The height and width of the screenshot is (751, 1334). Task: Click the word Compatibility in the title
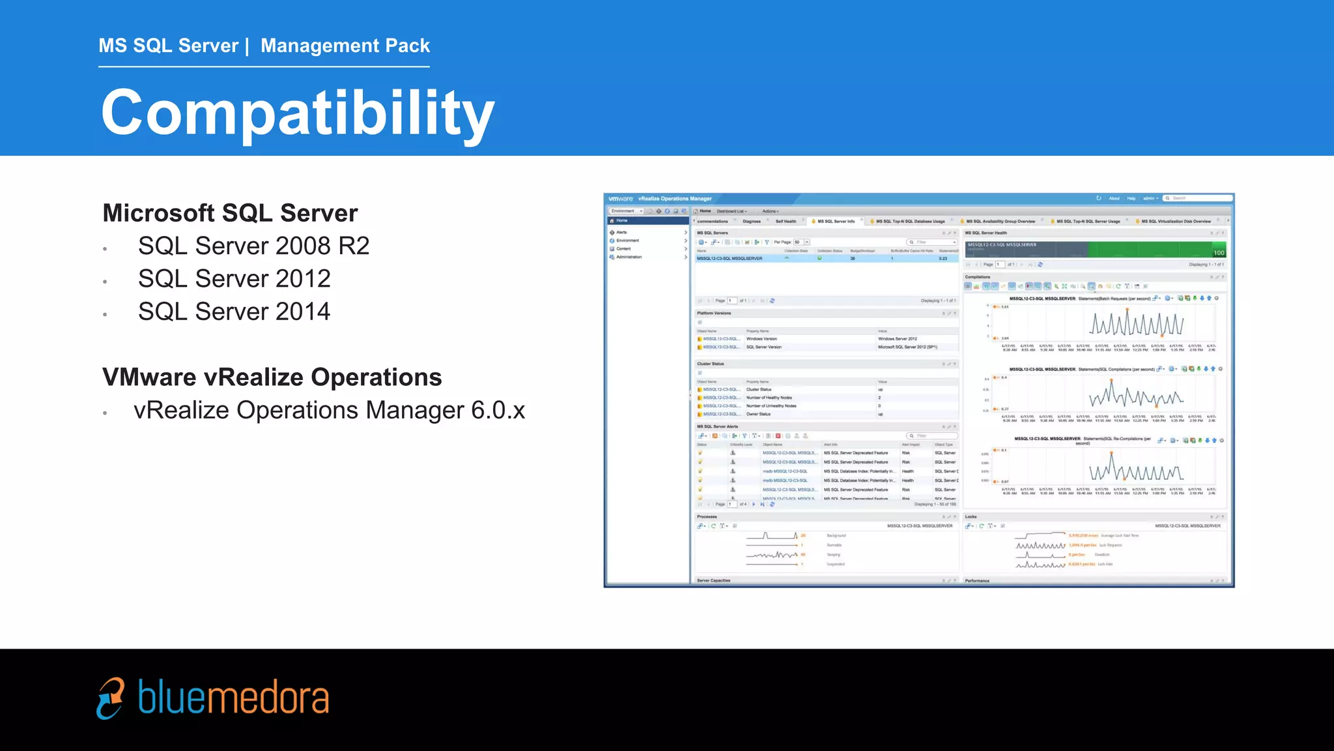[x=298, y=113]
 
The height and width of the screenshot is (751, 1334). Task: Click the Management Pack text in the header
[x=345, y=46]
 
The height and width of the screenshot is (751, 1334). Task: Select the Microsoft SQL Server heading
[x=230, y=213]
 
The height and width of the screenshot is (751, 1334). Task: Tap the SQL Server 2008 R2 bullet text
[x=253, y=246]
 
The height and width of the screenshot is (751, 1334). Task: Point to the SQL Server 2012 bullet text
[x=234, y=279]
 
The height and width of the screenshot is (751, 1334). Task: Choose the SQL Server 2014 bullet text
[x=234, y=312]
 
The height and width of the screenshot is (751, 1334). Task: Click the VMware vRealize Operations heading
[x=272, y=377]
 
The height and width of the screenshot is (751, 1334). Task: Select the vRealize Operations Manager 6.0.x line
[x=329, y=411]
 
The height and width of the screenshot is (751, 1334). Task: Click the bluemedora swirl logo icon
[x=111, y=698]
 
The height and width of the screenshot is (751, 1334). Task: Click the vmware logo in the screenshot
[x=620, y=199]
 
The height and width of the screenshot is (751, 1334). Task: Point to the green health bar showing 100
[x=1156, y=250]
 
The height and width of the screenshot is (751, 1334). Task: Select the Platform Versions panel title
[x=714, y=314]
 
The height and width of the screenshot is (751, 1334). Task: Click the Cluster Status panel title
[x=710, y=364]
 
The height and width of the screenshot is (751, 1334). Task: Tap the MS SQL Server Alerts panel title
[x=717, y=426]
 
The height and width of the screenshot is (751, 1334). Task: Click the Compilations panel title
[x=977, y=277]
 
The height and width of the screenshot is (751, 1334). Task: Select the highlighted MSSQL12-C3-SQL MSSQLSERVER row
[x=730, y=259]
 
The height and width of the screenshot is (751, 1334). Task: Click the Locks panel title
[x=971, y=517]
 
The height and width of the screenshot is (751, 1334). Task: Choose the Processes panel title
[x=707, y=517]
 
